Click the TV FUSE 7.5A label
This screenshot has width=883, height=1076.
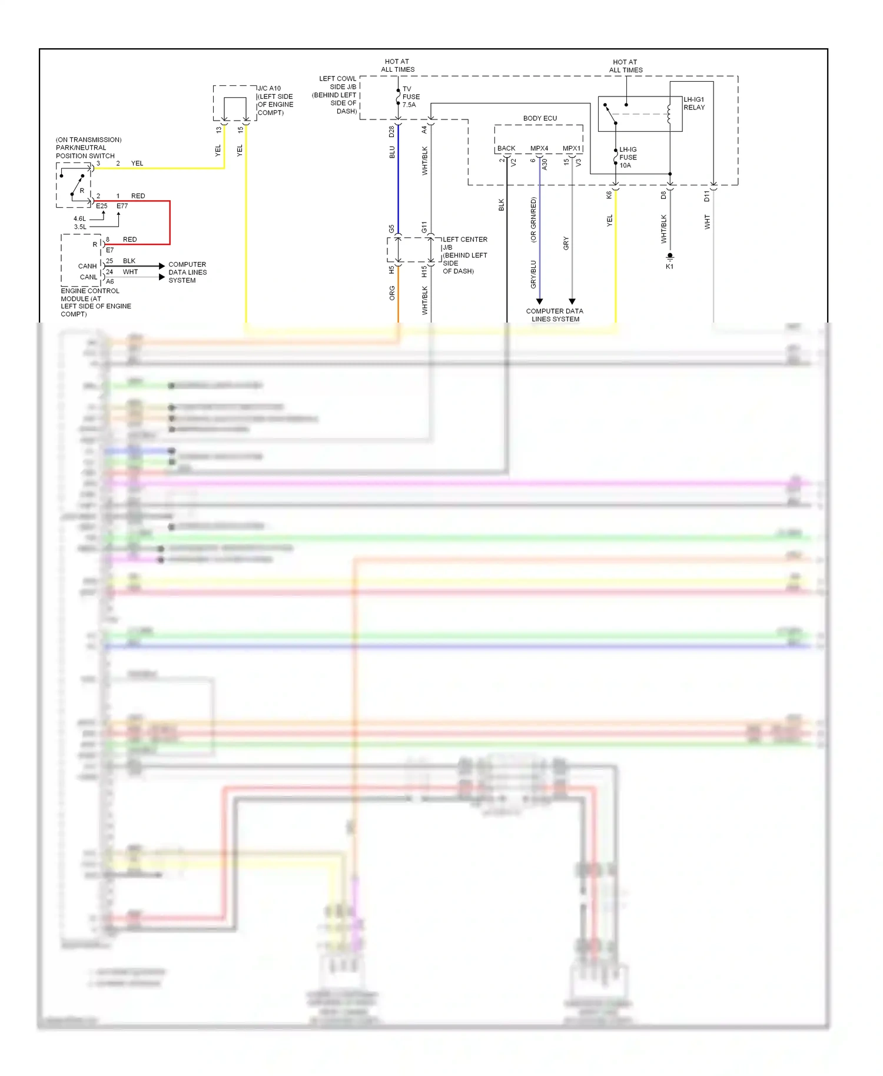tap(410, 97)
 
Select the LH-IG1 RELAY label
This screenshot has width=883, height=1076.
tap(693, 104)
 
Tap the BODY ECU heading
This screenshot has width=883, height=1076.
tap(539, 118)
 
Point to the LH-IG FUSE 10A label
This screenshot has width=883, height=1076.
tap(628, 157)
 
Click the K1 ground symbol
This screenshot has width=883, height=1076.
tap(669, 257)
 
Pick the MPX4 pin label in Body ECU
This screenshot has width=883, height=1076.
tap(539, 148)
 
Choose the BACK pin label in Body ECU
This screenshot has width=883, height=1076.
tap(506, 148)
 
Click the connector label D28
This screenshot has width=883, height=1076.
tap(391, 132)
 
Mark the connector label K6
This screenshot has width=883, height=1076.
tap(609, 195)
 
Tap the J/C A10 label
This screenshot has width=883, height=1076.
tap(269, 88)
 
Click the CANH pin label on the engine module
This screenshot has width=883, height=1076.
tap(87, 266)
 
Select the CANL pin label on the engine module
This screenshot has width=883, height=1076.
tap(88, 277)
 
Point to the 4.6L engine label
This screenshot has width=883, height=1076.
tap(79, 218)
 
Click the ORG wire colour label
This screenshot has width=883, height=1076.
tap(392, 293)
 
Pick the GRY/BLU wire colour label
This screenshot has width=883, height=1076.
tap(533, 274)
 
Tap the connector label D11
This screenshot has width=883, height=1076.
tap(707, 196)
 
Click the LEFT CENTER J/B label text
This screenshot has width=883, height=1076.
tap(464, 240)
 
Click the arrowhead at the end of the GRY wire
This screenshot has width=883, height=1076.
tap(572, 301)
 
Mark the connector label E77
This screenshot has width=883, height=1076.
tap(122, 206)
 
